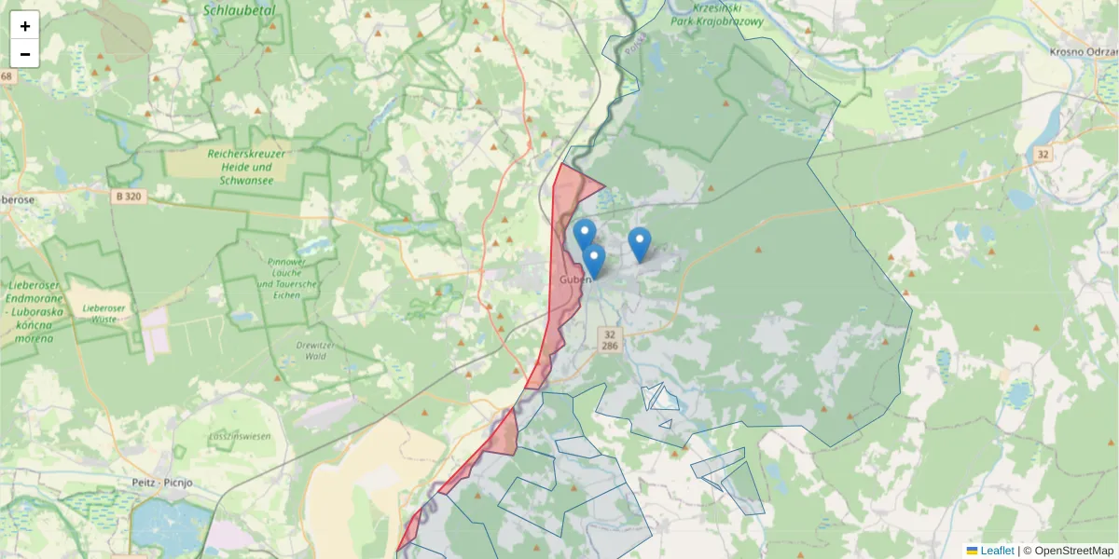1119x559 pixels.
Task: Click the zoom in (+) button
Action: coord(25,25)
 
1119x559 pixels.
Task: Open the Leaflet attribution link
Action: coord(996,551)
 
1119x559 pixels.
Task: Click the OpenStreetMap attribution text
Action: coord(1073,551)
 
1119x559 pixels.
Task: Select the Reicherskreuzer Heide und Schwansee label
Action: coord(247,167)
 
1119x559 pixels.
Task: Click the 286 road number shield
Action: coord(610,346)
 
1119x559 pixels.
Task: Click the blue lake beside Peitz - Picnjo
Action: coord(159,526)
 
